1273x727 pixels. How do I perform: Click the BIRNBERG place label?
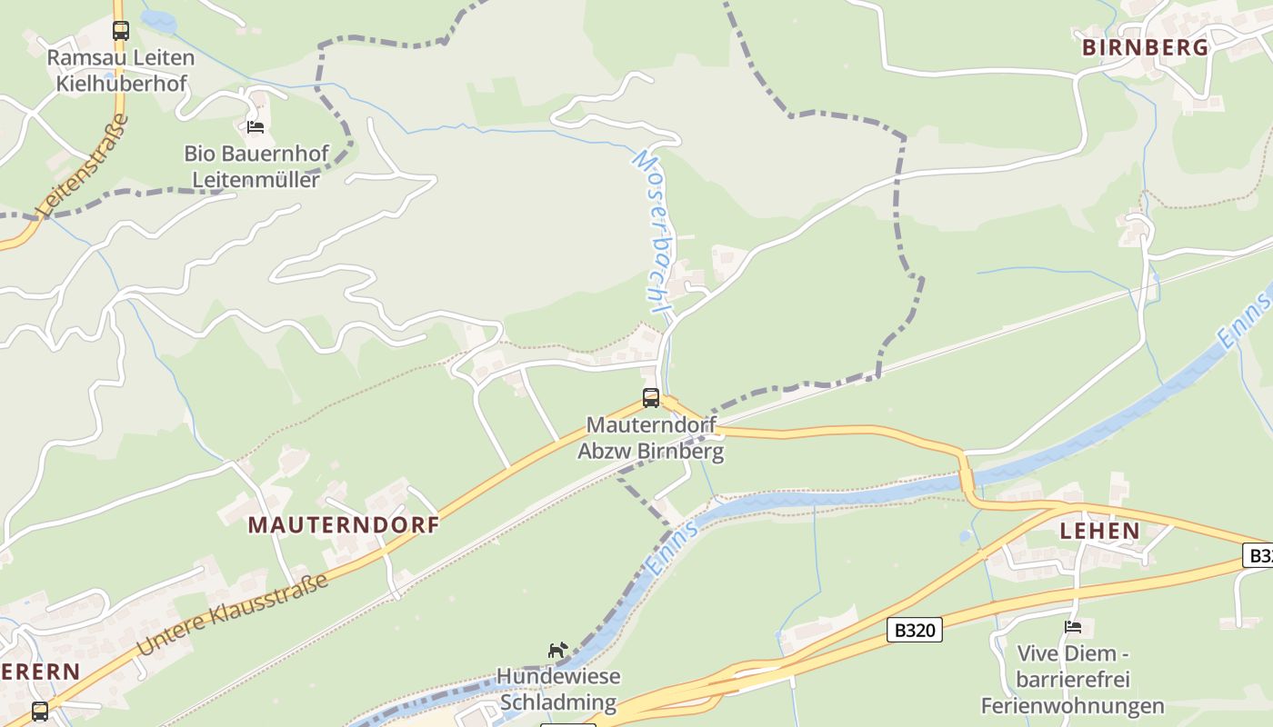[1145, 47]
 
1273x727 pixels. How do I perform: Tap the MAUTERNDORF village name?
[344, 524]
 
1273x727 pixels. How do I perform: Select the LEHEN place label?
[1099, 531]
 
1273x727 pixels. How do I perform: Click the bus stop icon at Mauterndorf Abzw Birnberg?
[651, 397]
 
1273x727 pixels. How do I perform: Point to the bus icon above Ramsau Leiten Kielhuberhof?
[120, 30]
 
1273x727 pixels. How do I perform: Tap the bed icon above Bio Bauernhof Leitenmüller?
[256, 126]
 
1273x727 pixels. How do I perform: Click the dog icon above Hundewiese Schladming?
[557, 650]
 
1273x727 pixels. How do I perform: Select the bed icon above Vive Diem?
[1073, 627]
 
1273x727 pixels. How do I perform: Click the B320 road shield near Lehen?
[915, 630]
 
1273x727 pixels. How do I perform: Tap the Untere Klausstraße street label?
[233, 614]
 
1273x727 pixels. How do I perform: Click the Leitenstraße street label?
[83, 165]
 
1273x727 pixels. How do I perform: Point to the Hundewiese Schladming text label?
[558, 690]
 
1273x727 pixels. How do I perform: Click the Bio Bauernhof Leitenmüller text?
[256, 166]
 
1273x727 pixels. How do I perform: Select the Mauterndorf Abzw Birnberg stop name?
[651, 438]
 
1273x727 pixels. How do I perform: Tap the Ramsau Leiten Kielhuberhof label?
[121, 71]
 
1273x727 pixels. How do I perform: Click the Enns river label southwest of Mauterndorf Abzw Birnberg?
[672, 549]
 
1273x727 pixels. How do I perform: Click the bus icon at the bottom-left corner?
[40, 711]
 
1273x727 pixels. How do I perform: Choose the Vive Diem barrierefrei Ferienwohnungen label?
[1072, 679]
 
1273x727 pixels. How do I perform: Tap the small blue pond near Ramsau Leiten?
[159, 21]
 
